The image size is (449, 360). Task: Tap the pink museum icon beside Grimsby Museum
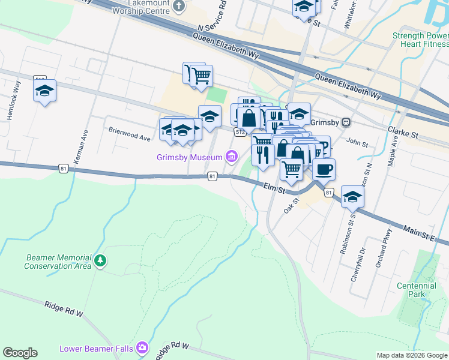point(231,157)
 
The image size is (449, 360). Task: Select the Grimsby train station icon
point(346,122)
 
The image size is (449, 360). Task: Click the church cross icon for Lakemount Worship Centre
point(178,7)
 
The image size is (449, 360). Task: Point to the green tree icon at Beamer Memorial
point(101,261)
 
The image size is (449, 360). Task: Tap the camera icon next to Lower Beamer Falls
point(142,347)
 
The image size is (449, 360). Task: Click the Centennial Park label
point(416,290)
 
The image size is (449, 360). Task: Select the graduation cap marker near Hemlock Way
point(44,91)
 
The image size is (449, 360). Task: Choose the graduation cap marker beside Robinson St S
point(352,196)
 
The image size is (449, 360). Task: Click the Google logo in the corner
point(20,353)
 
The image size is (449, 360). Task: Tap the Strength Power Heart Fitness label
point(420,40)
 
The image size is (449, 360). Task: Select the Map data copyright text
point(412,355)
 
